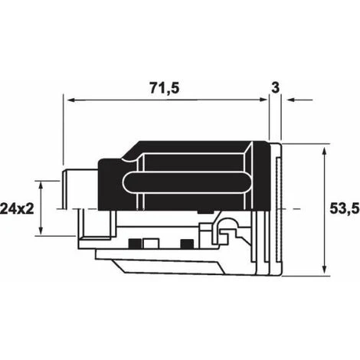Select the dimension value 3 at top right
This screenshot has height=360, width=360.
273,89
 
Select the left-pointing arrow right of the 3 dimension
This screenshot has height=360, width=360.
292,100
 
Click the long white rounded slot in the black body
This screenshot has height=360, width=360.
184,183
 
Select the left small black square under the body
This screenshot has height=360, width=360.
133,244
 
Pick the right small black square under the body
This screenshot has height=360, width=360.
185,244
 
